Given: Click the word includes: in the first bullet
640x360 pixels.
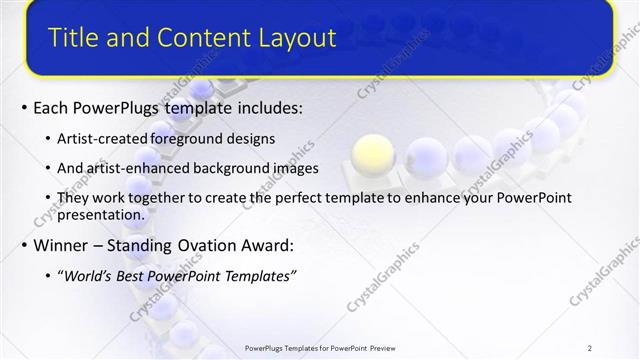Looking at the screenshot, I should (262, 107).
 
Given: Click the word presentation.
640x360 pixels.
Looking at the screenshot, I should (101, 214).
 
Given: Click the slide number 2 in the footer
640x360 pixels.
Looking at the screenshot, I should (589, 348).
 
